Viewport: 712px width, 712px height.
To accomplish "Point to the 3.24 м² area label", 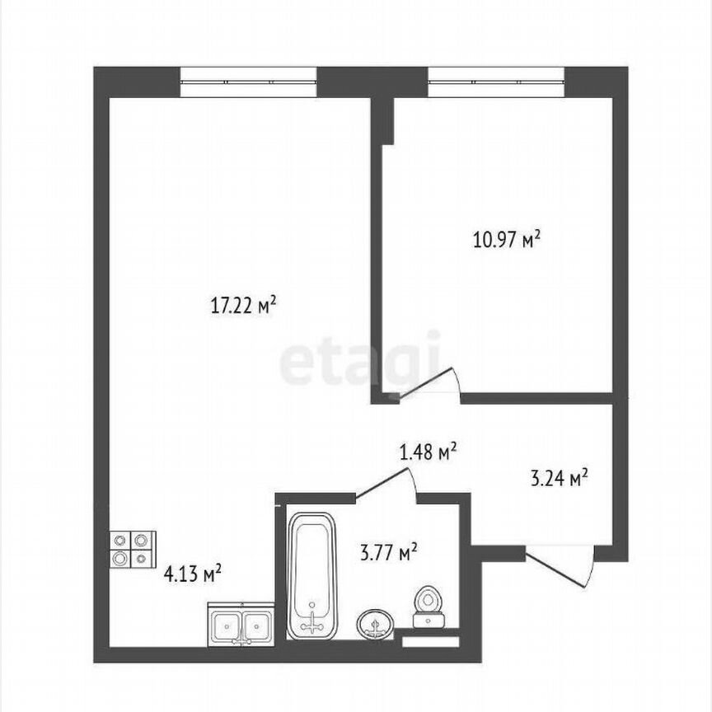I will click(x=558, y=477).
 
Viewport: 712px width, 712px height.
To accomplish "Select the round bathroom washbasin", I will click(x=377, y=624).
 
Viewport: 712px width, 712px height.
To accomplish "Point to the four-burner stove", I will click(x=133, y=549).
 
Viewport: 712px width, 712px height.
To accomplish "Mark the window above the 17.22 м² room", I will click(x=248, y=82).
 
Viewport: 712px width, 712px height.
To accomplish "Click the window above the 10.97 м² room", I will click(x=495, y=82).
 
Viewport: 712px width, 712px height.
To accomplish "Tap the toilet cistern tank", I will click(x=427, y=622).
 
